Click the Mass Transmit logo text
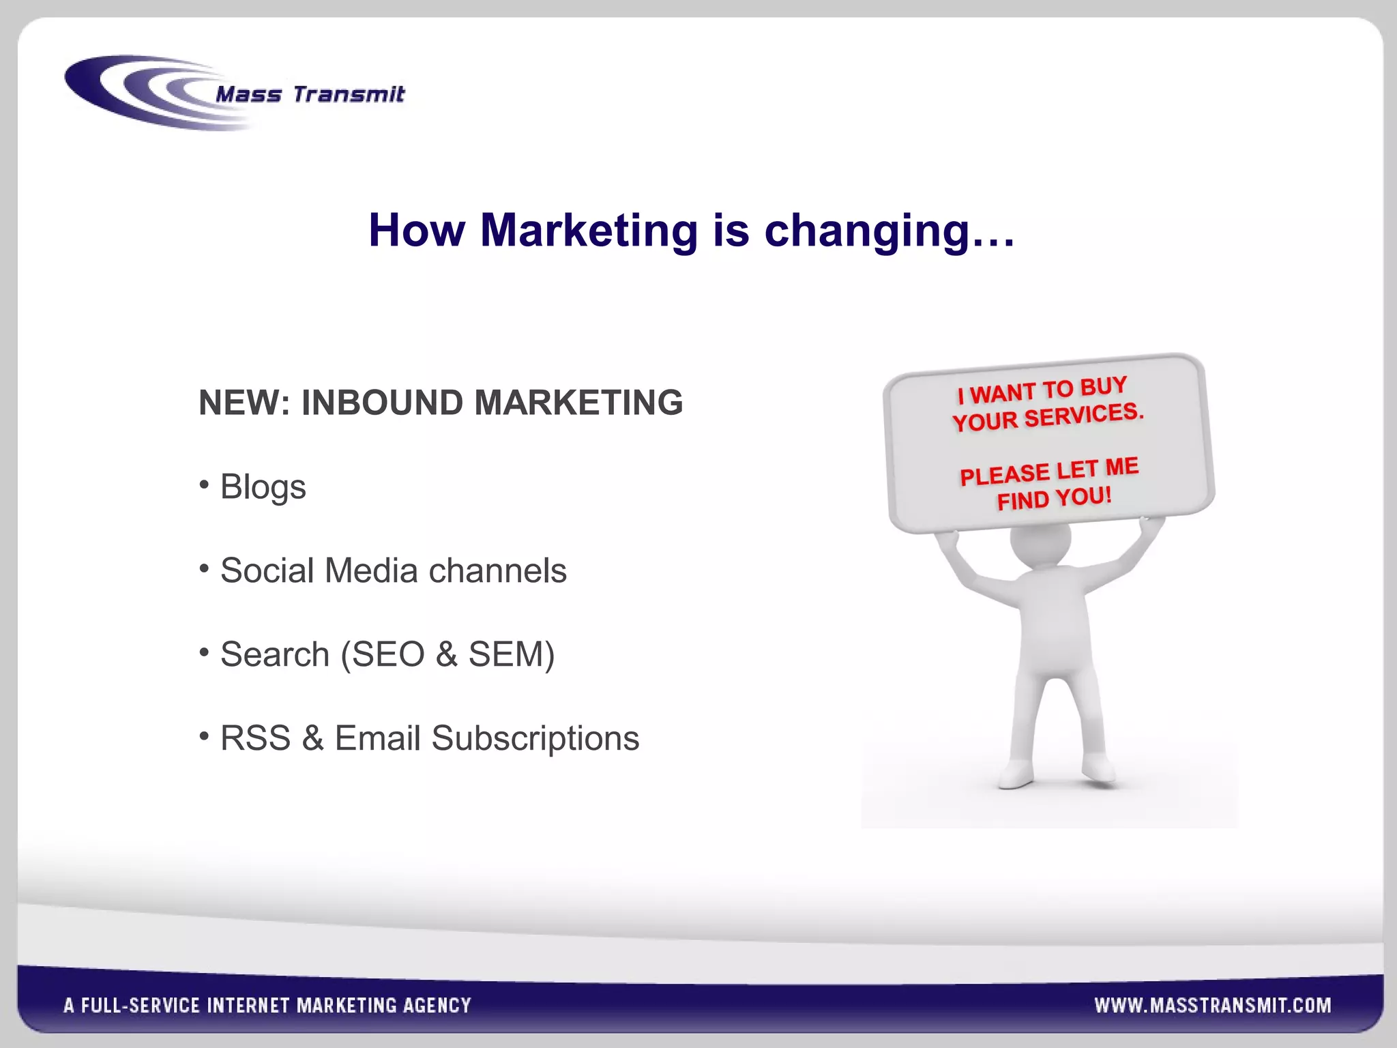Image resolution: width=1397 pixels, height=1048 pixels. (310, 94)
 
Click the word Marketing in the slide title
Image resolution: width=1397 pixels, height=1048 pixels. (589, 231)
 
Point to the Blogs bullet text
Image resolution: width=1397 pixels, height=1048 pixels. (263, 487)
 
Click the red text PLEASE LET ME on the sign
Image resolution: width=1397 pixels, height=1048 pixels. (1049, 471)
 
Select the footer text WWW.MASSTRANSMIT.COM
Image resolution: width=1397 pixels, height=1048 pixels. (1212, 1006)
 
